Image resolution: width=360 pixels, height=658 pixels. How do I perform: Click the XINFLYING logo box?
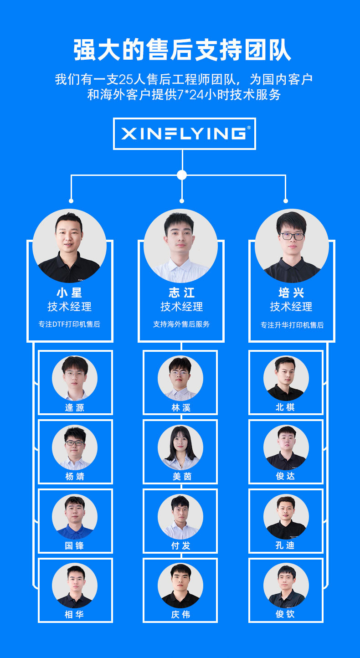pos(184,134)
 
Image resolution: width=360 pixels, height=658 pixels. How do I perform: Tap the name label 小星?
pos(69,293)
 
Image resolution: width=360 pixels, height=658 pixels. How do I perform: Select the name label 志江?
pos(181,293)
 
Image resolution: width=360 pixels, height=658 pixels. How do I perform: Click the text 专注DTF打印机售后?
pos(69,324)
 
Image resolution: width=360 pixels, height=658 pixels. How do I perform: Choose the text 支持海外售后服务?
pos(181,324)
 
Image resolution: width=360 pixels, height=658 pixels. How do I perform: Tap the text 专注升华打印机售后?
pos(292,325)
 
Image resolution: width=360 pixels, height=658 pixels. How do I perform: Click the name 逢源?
pos(75,407)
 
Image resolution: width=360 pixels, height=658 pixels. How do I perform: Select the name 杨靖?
pos(75,477)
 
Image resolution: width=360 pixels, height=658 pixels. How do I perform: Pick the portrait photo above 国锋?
pos(75,517)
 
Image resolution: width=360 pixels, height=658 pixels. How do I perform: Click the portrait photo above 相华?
pos(75,586)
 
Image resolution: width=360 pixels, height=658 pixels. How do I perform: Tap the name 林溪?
pos(180,407)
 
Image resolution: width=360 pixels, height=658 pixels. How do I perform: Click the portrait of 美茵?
pos(180,447)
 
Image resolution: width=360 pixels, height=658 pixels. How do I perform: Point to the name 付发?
pos(180,545)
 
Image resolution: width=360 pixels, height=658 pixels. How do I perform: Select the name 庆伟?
pos(180,614)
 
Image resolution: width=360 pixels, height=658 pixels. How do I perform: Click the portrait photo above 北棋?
pos(286,378)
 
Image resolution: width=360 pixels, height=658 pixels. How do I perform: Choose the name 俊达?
pos(286,476)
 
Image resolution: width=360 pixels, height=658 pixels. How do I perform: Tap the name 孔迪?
pos(286,545)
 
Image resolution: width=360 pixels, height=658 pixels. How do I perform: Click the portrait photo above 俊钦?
pos(286,586)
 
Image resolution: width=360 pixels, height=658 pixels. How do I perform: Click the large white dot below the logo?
pos(182,175)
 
